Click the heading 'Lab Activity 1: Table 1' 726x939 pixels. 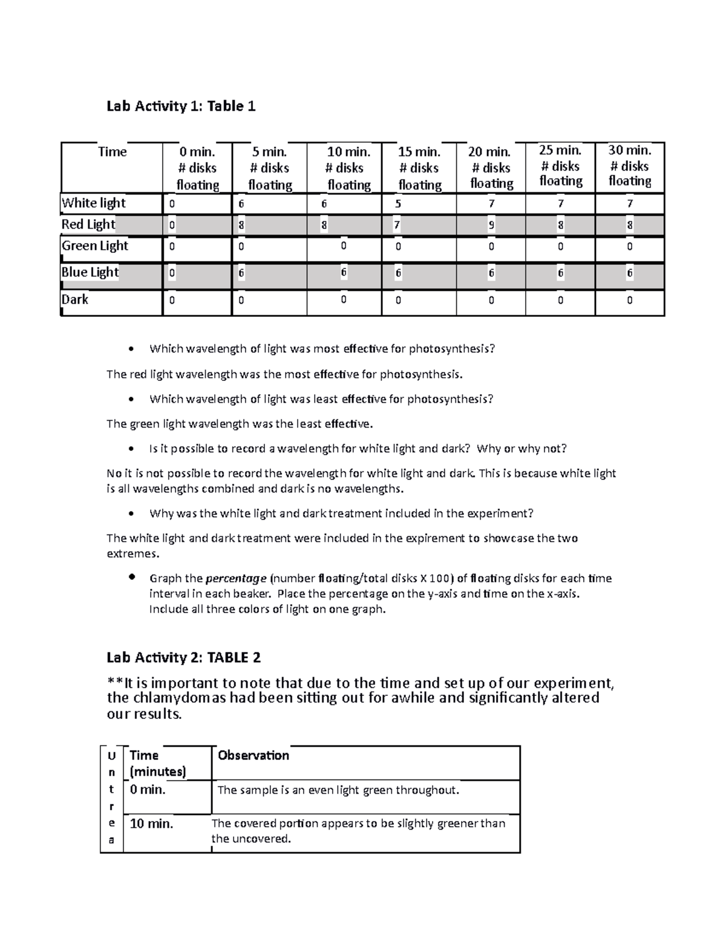click(181, 106)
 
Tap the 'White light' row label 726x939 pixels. click(94, 203)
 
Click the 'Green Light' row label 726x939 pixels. click(95, 245)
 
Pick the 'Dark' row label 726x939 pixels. click(75, 299)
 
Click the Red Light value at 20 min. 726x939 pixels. click(491, 226)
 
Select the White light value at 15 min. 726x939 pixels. click(398, 204)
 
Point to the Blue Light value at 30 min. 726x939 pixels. click(630, 273)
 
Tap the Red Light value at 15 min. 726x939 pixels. click(397, 226)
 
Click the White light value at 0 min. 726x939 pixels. click(172, 204)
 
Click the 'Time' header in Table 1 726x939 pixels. click(113, 152)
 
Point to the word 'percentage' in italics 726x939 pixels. click(236, 578)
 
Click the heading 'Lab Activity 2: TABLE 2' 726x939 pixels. click(183, 657)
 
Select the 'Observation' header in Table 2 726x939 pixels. click(253, 755)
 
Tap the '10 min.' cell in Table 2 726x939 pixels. click(152, 824)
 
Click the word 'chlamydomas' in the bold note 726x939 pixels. click(183, 698)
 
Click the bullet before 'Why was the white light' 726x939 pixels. click(131, 514)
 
